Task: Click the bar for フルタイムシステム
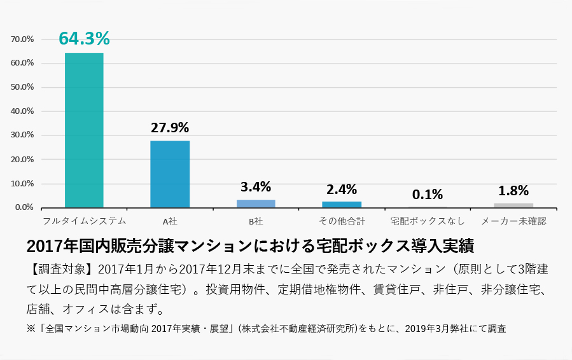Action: click(84, 130)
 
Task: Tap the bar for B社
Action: click(256, 204)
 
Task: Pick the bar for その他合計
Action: click(342, 204)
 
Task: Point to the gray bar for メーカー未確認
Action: click(513, 205)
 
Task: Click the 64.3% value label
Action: click(84, 39)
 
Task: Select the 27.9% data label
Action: click(170, 127)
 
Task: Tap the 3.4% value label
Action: click(256, 187)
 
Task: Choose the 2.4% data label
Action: click(342, 189)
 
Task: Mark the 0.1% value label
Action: click(428, 194)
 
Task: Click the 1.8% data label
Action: click(513, 190)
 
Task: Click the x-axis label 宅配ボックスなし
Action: click(428, 221)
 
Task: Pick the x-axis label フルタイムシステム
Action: click(84, 221)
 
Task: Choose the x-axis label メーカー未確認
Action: click(513, 221)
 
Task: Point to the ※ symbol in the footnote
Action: click(32, 329)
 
